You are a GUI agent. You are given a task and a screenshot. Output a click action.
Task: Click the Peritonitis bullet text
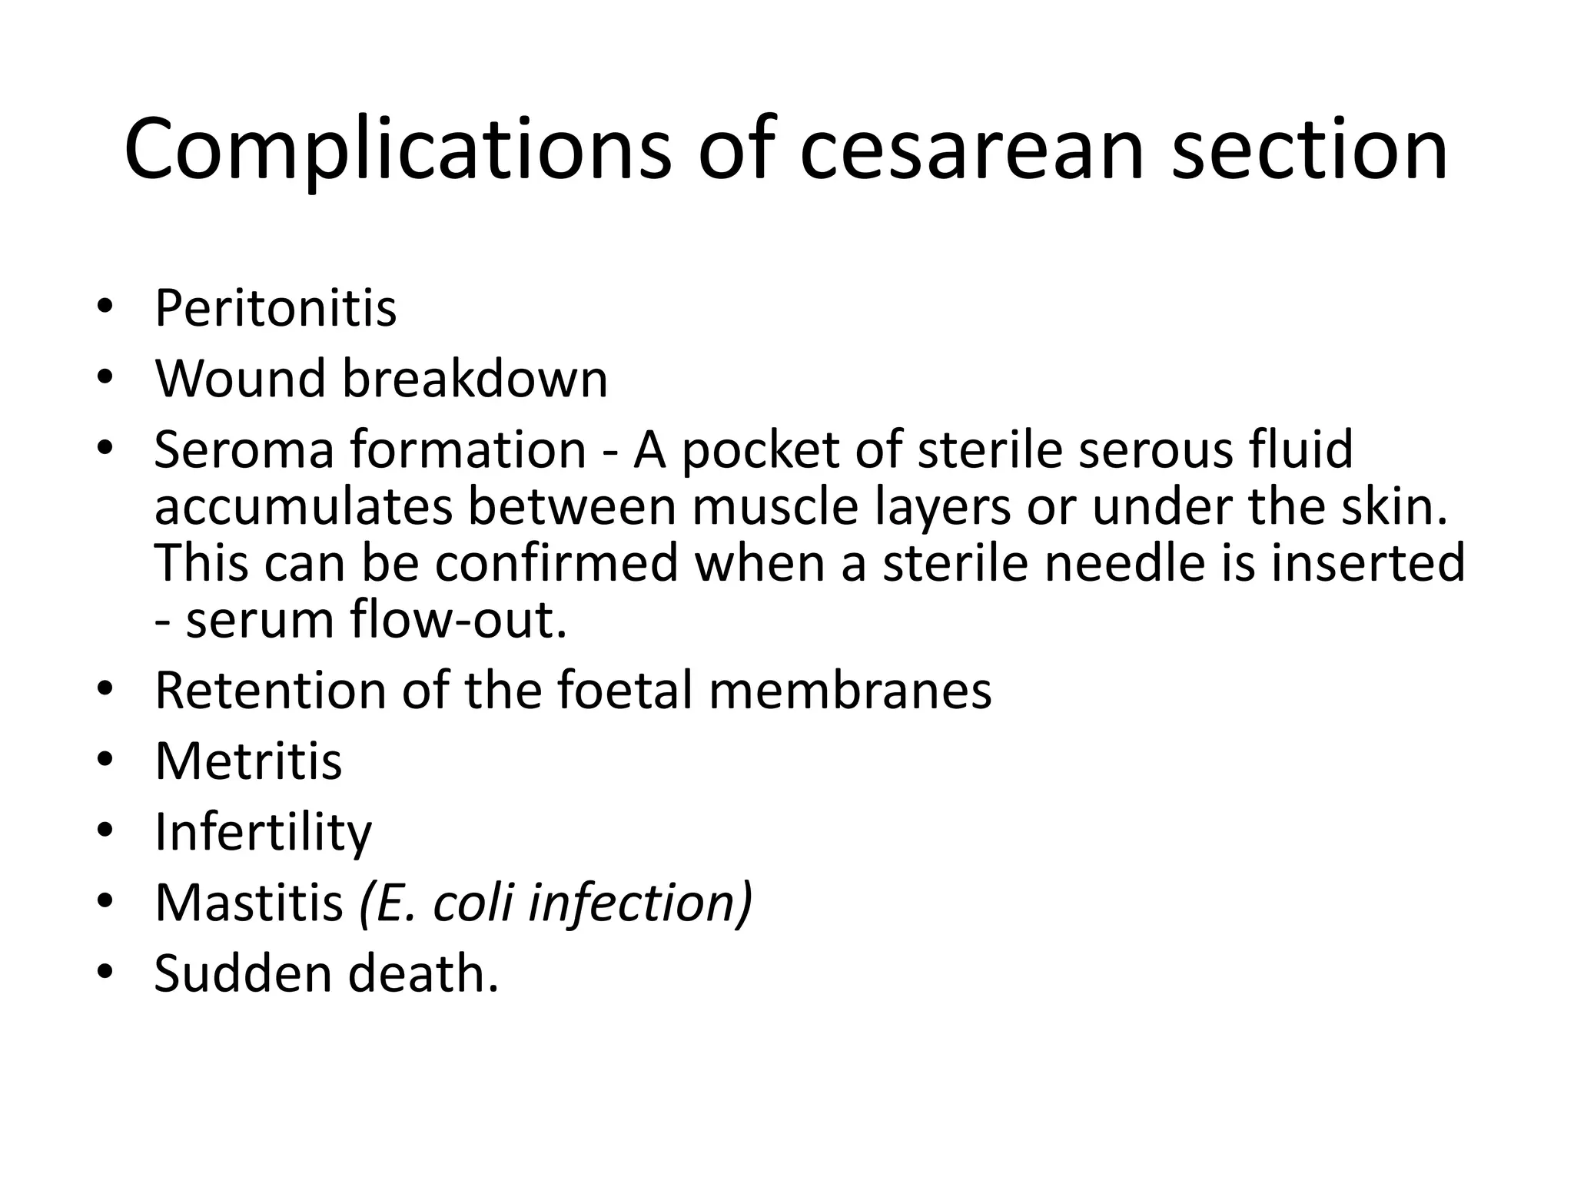coord(275,308)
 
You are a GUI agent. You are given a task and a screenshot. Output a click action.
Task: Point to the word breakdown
coord(474,379)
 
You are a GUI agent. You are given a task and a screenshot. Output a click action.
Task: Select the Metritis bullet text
coord(248,761)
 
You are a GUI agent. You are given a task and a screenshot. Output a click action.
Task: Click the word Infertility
coord(263,832)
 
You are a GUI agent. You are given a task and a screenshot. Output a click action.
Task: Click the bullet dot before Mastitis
coord(105,901)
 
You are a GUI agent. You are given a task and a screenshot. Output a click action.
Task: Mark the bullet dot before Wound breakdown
coord(105,377)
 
